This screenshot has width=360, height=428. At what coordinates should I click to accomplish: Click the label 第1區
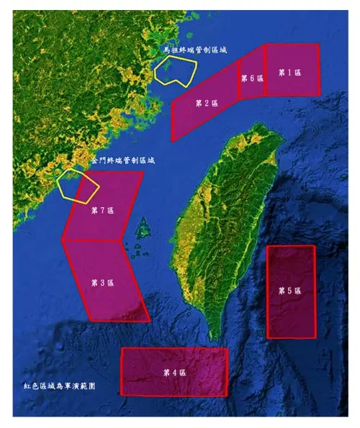(290, 72)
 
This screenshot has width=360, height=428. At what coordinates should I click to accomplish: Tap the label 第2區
(207, 103)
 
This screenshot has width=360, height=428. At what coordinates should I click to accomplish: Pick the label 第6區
(251, 78)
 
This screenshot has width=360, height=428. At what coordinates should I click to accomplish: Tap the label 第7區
(103, 211)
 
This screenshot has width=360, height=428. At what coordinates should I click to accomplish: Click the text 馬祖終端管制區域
(194, 50)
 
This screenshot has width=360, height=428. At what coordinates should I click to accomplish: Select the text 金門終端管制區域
(122, 161)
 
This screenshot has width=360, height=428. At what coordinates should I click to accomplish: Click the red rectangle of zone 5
(291, 317)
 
